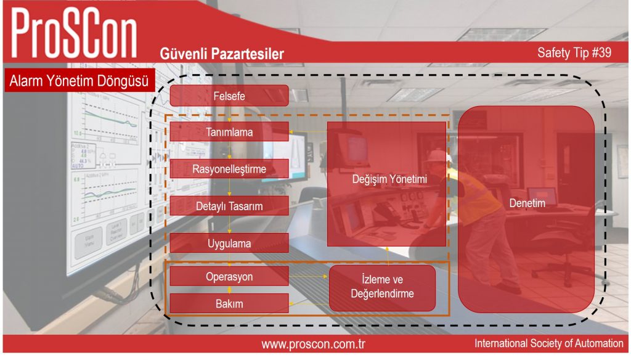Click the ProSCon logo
pyautogui.click(x=74, y=33)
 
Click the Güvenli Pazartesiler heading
pyautogui.click(x=222, y=54)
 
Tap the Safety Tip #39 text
pyautogui.click(x=574, y=52)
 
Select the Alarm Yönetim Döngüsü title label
pyautogui.click(x=79, y=81)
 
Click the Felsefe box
pyautogui.click(x=229, y=96)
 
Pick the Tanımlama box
pyautogui.click(x=229, y=132)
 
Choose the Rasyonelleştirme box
pyautogui.click(x=229, y=169)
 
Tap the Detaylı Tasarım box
pyautogui.click(x=229, y=206)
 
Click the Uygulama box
pyautogui.click(x=229, y=243)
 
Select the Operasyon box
pyautogui.click(x=229, y=276)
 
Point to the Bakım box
pyautogui.click(x=229, y=303)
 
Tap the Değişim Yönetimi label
pyautogui.click(x=389, y=179)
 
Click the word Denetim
pyautogui.click(x=527, y=203)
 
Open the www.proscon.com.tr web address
pyautogui.click(x=313, y=345)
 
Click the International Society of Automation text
pyautogui.click(x=548, y=343)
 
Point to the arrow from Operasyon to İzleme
pyautogui.click(x=309, y=276)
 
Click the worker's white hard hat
pyautogui.click(x=439, y=157)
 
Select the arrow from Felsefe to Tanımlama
pyautogui.click(x=229, y=115)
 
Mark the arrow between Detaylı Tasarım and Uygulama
pyautogui.click(x=229, y=224)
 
